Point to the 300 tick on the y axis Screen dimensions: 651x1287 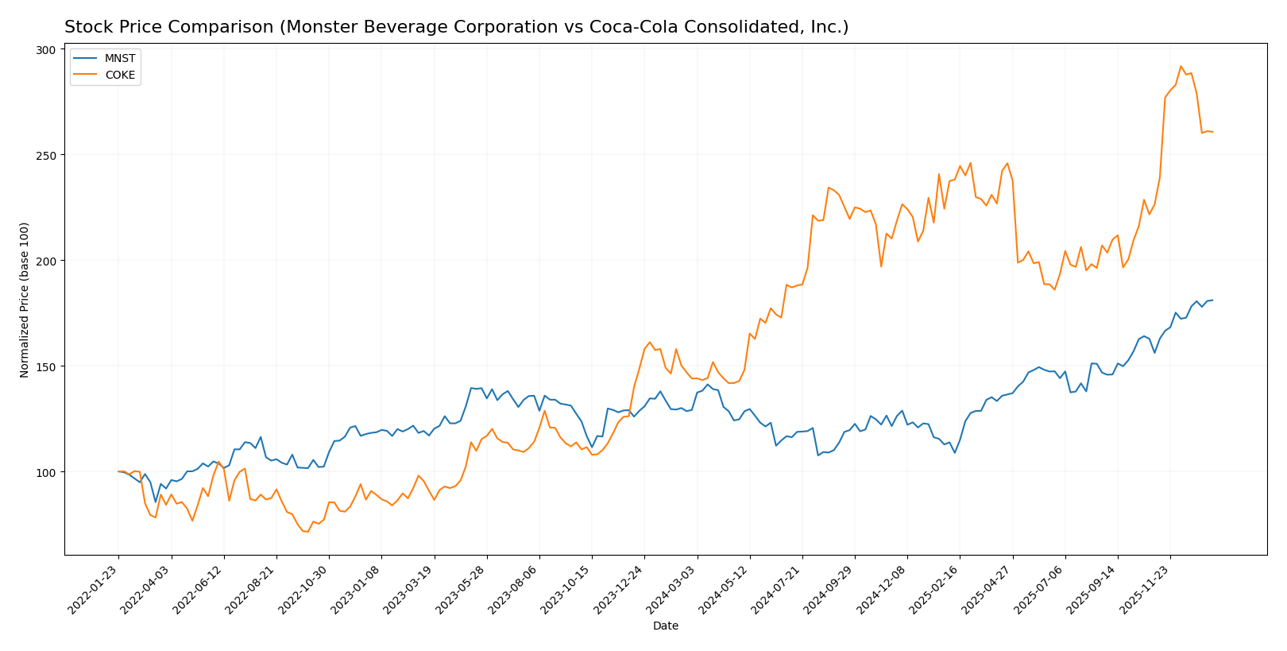click(x=46, y=49)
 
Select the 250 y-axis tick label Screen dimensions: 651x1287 click(x=46, y=155)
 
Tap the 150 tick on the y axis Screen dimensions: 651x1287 click(x=46, y=366)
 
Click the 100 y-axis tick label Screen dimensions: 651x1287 click(x=46, y=472)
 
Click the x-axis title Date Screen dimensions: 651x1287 click(x=666, y=626)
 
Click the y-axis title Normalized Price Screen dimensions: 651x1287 click(x=25, y=300)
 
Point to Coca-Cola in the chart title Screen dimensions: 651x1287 click(x=624, y=28)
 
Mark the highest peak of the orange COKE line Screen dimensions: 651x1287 click(x=1181, y=67)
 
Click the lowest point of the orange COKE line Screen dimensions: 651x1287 click(x=307, y=532)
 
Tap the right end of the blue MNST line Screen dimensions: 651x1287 click(x=1212, y=300)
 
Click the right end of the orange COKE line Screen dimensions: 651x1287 click(x=1212, y=132)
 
